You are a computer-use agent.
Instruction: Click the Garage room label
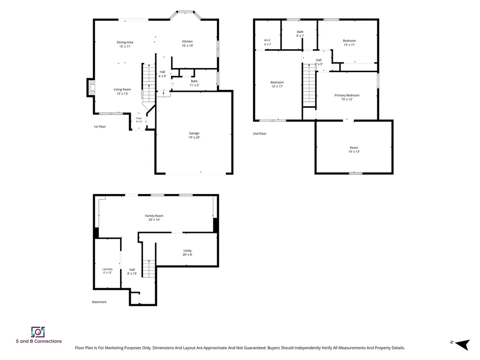[x=194, y=133]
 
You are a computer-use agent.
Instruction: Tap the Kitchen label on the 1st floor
[x=187, y=41]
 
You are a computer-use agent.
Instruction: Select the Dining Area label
[x=125, y=42]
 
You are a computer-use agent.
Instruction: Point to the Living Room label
[x=122, y=90]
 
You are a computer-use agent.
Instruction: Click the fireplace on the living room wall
[x=90, y=88]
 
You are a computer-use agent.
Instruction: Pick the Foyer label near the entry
[x=139, y=118]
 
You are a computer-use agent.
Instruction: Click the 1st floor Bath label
[x=194, y=81]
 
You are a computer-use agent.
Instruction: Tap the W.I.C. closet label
[x=268, y=40]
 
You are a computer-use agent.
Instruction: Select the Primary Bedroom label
[x=347, y=95]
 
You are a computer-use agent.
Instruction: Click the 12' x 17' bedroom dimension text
[x=277, y=86]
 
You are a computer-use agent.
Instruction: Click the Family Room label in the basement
[x=154, y=216]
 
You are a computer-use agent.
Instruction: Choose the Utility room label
[x=187, y=251]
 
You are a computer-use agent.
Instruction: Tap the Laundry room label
[x=107, y=269]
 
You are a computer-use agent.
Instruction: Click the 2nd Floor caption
[x=260, y=134]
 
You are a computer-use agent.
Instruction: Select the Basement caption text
[x=99, y=302]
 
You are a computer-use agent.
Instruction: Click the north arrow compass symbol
[x=462, y=345]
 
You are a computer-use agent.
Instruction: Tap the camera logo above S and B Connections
[x=38, y=332]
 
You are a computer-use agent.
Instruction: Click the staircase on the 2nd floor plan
[x=309, y=85]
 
